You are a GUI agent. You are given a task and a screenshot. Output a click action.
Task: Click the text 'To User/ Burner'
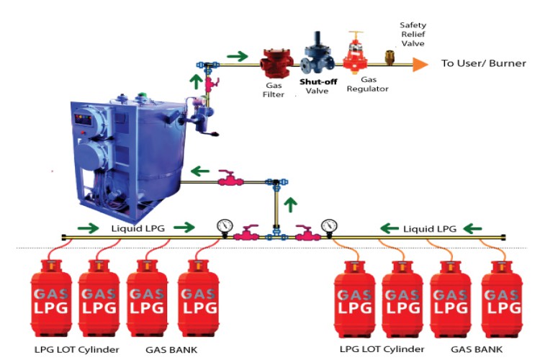point(483,63)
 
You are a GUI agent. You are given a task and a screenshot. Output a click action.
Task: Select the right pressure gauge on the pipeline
point(330,226)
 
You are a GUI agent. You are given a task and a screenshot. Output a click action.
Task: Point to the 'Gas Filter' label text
point(274,89)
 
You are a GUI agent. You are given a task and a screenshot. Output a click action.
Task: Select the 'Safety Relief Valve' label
point(413,33)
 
